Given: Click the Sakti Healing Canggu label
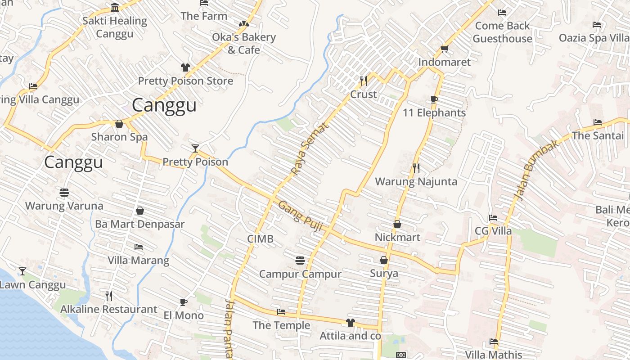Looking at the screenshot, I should coord(115,27).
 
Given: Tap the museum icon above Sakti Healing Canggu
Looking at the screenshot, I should coord(115,8).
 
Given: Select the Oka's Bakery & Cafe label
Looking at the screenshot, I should coord(243,43).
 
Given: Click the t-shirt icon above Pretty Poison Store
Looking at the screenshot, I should coord(185,67).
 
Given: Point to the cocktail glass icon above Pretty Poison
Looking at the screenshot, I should coord(195,148).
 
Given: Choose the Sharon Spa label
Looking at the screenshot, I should coord(119,137).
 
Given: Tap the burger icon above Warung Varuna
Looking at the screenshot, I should coord(64,193).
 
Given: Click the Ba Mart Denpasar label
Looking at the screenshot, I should coord(140,224).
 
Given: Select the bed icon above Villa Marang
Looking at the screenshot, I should coord(139,247).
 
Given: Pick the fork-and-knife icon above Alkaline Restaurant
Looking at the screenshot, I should coord(108,296).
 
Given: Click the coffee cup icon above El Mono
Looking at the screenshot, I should coord(183,302).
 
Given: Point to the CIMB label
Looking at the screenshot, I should coord(260,239).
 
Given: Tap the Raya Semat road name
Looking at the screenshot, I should coord(310,148).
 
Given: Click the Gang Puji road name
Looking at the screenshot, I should coord(300,216).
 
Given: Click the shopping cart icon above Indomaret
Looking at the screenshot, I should coord(444,49).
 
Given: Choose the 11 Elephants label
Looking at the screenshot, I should coord(434,112).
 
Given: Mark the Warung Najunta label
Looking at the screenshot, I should coord(416,181).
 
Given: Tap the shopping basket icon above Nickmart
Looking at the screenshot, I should coord(397,224).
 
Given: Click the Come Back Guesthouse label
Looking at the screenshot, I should coord(502,32).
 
